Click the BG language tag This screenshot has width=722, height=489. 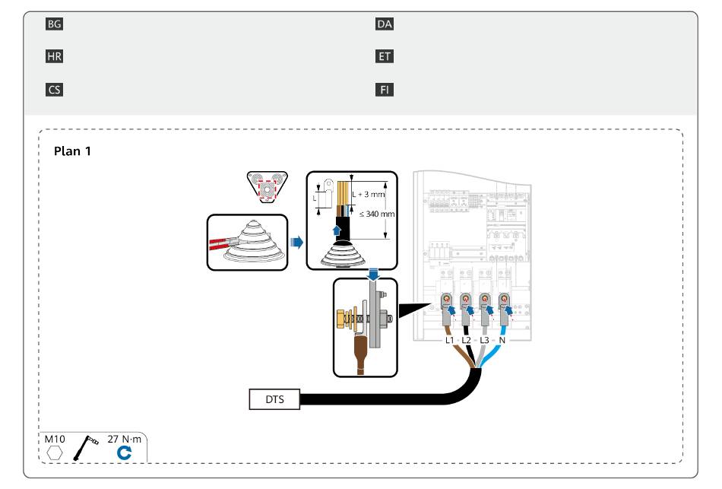coord(54,24)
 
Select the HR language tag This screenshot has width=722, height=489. coord(54,57)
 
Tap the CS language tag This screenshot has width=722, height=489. coord(54,90)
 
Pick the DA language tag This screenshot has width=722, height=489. coord(384,24)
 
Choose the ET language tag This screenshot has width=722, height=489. coord(384,57)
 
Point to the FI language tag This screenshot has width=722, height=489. coord(384,90)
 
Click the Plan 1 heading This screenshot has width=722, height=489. coord(72,151)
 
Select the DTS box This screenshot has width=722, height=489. coord(274,399)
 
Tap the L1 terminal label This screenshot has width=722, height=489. coord(449,340)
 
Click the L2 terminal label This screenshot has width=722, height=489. coord(467,340)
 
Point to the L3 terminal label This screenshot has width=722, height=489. coord(484,340)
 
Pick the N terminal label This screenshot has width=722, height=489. coord(502,340)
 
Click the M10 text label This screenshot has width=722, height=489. coord(54,440)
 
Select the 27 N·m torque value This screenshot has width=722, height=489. coord(125,440)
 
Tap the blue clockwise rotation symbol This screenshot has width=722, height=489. coord(124,453)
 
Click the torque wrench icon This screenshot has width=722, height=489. coord(85,447)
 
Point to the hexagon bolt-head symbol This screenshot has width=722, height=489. coord(54,453)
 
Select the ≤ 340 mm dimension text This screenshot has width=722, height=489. coord(377,214)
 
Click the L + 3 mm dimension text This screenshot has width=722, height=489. coord(369,195)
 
